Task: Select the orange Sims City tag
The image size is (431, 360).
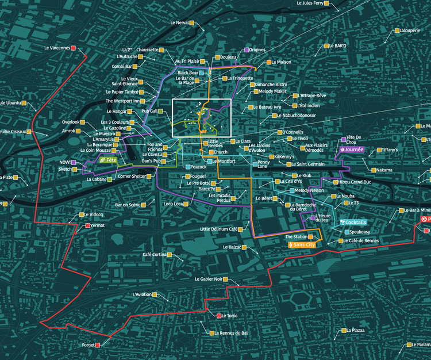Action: click(302, 244)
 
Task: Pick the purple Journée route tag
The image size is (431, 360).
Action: click(352, 149)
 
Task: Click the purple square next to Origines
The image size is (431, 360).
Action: click(246, 50)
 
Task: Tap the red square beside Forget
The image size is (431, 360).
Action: click(98, 345)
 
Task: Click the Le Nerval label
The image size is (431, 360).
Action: click(179, 23)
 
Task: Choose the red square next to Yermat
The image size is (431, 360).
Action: click(87, 225)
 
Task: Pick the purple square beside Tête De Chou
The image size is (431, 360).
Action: click(343, 139)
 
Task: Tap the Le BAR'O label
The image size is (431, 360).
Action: click(338, 45)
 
